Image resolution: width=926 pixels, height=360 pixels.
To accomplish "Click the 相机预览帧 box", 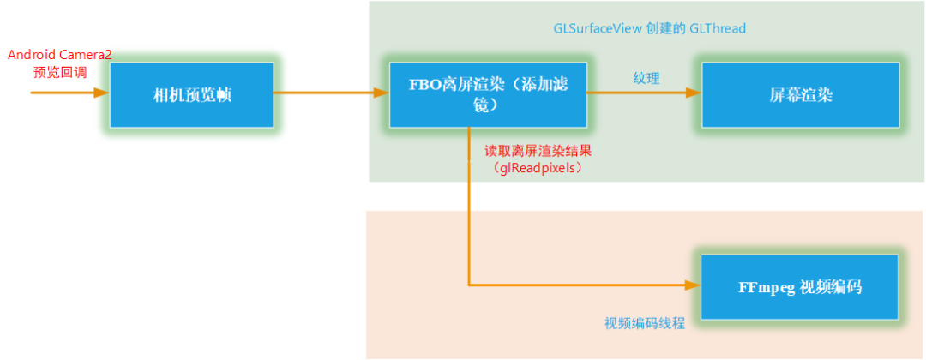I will tap(192, 95).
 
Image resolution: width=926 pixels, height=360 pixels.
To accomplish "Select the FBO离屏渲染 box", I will tap(488, 95).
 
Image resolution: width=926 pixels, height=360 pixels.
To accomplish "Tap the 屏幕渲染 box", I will tap(801, 95).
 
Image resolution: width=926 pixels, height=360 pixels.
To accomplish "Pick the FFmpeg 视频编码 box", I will tap(799, 286).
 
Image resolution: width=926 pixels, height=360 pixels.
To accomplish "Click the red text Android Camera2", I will tap(60, 55).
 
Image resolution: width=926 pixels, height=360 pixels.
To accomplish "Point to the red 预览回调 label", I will tap(60, 72).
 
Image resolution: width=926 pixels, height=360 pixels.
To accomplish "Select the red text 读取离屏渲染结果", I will tap(538, 151).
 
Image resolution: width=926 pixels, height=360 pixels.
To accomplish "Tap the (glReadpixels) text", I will tap(538, 168).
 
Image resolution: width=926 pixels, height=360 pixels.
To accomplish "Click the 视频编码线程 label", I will tap(645, 323).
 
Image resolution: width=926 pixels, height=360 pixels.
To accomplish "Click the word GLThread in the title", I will tap(719, 28).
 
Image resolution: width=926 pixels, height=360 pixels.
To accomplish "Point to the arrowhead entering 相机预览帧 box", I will tap(104, 93).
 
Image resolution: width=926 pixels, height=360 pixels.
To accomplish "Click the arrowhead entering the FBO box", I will tap(382, 93).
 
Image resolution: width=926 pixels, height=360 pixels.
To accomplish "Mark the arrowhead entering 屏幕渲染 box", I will tap(695, 95).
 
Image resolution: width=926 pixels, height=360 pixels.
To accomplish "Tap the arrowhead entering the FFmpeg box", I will tap(695, 285).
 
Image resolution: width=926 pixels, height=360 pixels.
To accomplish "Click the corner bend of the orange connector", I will tap(469, 285).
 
